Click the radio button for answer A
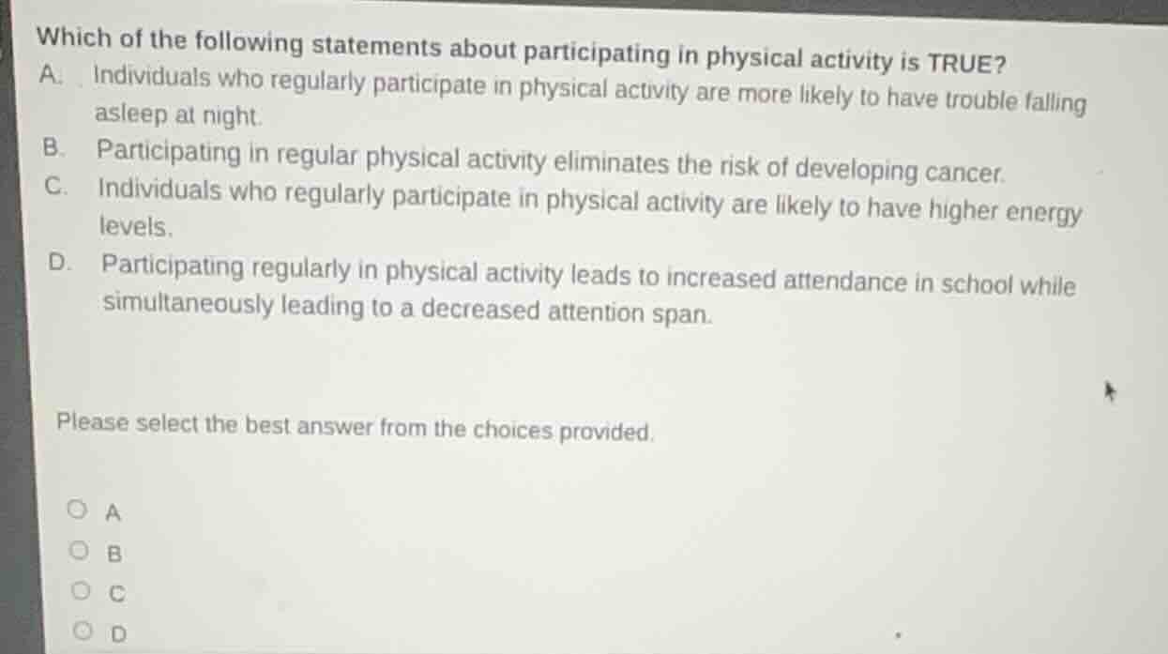click(81, 511)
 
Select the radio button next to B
click(82, 552)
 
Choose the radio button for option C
click(83, 592)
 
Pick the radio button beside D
click(83, 633)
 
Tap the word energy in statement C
click(1043, 214)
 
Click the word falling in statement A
click(1055, 101)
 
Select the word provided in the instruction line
click(611, 433)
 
